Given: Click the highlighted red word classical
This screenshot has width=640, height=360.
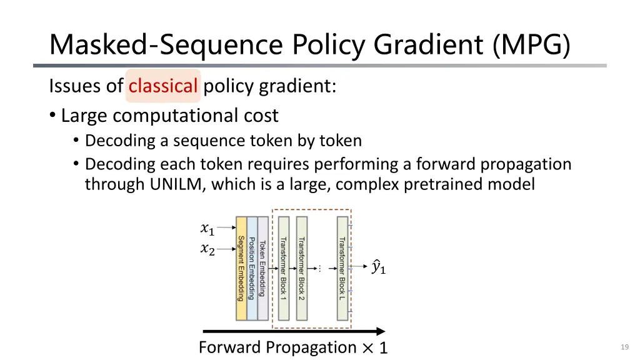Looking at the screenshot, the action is click(x=163, y=86).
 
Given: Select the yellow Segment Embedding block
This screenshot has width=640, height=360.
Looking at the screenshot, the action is click(x=241, y=268).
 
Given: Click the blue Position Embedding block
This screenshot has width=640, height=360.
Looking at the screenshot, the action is click(x=252, y=268).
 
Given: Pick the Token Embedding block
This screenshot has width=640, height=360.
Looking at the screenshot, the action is click(x=262, y=268).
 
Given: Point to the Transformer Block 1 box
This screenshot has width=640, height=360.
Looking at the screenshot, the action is click(x=284, y=268).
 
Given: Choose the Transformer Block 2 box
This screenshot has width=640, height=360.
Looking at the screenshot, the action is click(x=302, y=268).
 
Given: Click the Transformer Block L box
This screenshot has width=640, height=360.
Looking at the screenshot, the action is click(x=342, y=268).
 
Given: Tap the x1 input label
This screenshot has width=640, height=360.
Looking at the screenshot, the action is click(x=207, y=229).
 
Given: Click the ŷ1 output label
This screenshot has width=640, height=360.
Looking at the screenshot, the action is click(x=378, y=267).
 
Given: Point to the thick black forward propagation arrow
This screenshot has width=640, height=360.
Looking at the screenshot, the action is click(x=294, y=332).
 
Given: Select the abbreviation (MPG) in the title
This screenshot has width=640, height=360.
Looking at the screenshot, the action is click(x=531, y=45).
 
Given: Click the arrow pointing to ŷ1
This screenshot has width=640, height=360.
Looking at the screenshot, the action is click(x=359, y=267).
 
